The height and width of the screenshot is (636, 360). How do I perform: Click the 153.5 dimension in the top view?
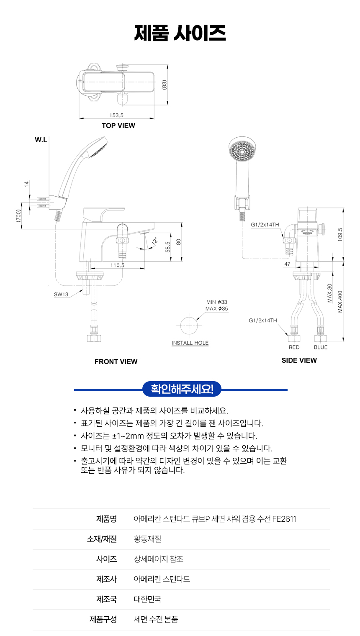(x=116, y=115)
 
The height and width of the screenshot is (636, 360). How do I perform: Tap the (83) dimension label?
(x=165, y=85)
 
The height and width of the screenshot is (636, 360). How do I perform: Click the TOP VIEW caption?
(x=118, y=126)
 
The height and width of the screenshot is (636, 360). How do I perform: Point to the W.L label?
(x=41, y=140)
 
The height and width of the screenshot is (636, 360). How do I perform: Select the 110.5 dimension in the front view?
(x=117, y=265)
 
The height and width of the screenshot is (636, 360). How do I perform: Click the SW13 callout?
(x=61, y=295)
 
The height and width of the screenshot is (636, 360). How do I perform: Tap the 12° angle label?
(x=154, y=241)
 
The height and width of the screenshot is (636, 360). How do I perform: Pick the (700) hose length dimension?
(x=18, y=216)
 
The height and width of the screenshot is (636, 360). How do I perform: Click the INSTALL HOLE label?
(x=190, y=343)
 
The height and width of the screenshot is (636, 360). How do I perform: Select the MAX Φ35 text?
(x=216, y=309)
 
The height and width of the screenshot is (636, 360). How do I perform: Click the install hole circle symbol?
(x=189, y=326)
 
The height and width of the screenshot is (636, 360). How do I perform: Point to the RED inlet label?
(x=294, y=347)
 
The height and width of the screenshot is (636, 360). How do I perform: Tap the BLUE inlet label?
(x=321, y=347)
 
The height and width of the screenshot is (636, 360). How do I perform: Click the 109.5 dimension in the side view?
(x=340, y=234)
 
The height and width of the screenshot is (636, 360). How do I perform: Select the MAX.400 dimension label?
(x=340, y=302)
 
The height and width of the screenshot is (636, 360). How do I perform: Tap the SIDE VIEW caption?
(x=299, y=360)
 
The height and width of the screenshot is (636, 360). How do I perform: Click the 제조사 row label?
(x=106, y=579)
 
